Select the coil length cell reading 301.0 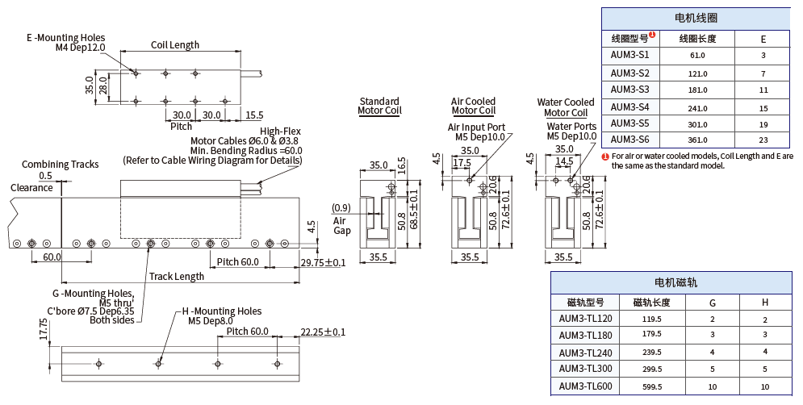point(697,124)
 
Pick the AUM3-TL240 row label point(586,352)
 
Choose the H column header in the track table point(764,303)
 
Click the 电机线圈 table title point(696,18)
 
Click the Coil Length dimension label point(175,45)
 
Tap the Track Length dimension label point(177,277)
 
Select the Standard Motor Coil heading point(379,106)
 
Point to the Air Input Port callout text point(476,127)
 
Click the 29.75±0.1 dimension point(323,263)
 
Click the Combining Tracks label point(61,165)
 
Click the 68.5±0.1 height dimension point(414,210)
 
